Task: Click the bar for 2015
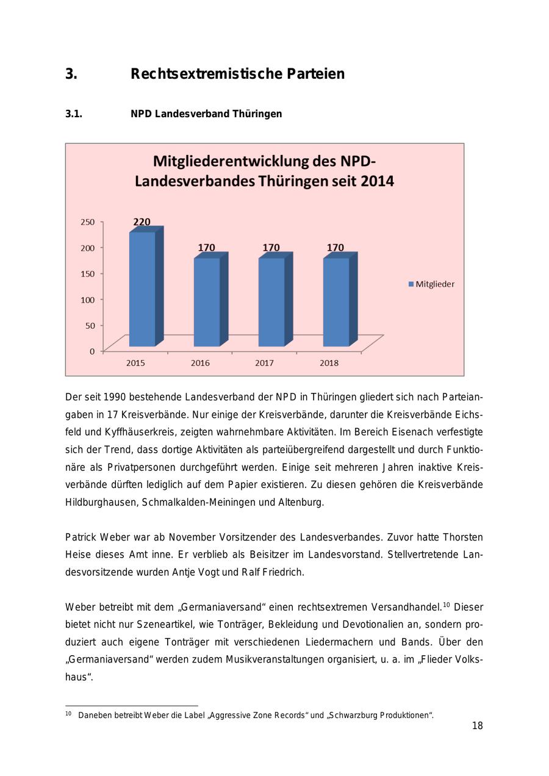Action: pyautogui.click(x=142, y=288)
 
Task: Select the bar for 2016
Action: pyautogui.click(x=207, y=301)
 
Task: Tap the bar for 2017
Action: pyautogui.click(x=271, y=301)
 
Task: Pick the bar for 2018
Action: pyautogui.click(x=336, y=301)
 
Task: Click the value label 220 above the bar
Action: pyautogui.click(x=142, y=222)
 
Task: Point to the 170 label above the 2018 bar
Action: pyautogui.click(x=335, y=248)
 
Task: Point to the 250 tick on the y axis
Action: pyautogui.click(x=87, y=222)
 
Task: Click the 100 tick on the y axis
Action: pyautogui.click(x=87, y=300)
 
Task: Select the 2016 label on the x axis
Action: pyautogui.click(x=200, y=363)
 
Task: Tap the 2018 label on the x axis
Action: pyautogui.click(x=329, y=363)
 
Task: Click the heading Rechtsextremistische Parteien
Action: pyautogui.click(x=237, y=74)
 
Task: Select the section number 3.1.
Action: pyautogui.click(x=74, y=114)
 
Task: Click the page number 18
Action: pyautogui.click(x=477, y=726)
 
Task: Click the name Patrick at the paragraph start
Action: pyautogui.click(x=81, y=537)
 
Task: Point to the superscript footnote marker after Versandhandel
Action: pyautogui.click(x=446, y=605)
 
